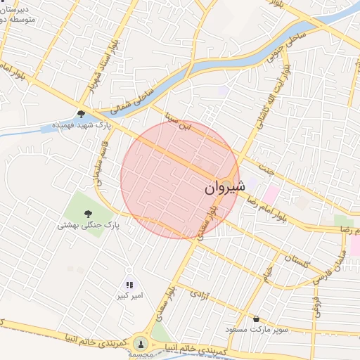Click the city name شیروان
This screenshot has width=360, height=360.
click(x=225, y=188)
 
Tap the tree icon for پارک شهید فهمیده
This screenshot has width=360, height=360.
click(x=82, y=114)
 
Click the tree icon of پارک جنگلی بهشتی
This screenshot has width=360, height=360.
click(x=88, y=214)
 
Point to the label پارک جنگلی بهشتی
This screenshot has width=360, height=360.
click(x=89, y=226)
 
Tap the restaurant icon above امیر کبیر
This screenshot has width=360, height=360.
click(x=129, y=285)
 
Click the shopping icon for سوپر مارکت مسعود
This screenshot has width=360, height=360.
click(x=256, y=319)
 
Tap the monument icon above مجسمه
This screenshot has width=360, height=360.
click(x=141, y=342)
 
